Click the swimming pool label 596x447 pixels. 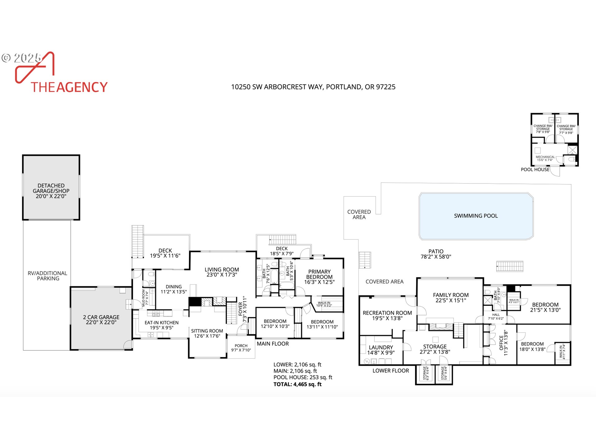[476, 216]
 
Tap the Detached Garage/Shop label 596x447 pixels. [51, 188]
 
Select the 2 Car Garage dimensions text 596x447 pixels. [101, 322]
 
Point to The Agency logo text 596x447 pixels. [69, 87]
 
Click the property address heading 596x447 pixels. [313, 87]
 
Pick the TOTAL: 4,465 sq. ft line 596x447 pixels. [297, 384]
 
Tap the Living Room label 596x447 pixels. [222, 270]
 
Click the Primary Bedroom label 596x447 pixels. [319, 274]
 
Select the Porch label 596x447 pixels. [241, 345]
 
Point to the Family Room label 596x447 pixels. [451, 295]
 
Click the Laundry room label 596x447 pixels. [381, 347]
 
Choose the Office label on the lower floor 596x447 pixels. [501, 343]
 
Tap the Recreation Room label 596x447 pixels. [387, 313]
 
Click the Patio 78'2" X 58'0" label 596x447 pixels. [436, 254]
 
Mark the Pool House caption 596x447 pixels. [535, 169]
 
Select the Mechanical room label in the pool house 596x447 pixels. [545, 157]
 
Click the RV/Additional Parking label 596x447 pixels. [47, 276]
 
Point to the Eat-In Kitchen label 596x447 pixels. [161, 323]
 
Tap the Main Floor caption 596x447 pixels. [273, 344]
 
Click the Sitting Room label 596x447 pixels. [207, 331]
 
